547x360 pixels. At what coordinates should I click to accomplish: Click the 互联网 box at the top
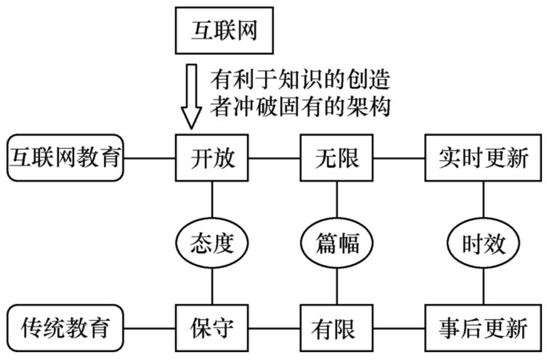[224, 30]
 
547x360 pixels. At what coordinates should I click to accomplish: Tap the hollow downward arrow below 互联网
[191, 96]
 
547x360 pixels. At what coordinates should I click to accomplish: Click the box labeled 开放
[212, 157]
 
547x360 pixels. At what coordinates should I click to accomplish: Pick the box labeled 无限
[337, 157]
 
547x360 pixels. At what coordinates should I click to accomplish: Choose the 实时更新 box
[483, 157]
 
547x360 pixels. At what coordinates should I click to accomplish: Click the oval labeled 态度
[212, 244]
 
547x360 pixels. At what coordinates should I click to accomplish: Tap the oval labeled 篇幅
[337, 244]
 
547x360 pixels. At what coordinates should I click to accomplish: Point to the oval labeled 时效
[483, 244]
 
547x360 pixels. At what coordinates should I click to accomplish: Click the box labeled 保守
[212, 329]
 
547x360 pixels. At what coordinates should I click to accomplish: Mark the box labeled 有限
[337, 329]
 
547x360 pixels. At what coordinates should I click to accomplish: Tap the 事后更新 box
[483, 329]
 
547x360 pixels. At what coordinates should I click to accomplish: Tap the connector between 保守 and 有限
[274, 329]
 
